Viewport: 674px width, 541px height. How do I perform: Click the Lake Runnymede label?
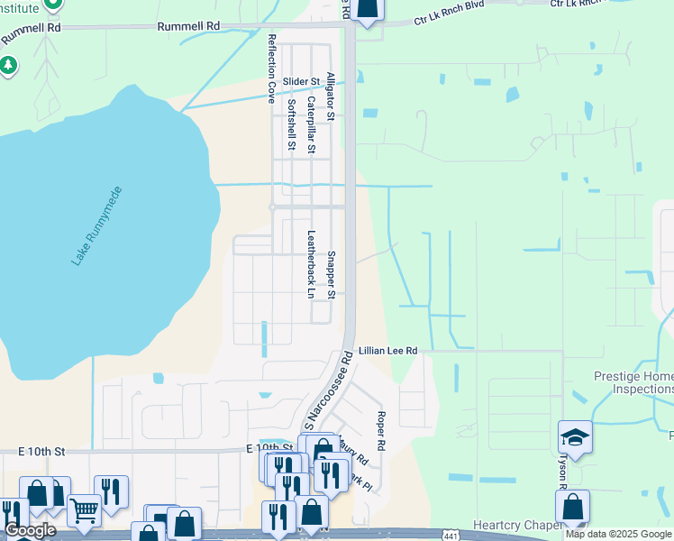point(96,225)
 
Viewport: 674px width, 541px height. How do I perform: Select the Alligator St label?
point(331,96)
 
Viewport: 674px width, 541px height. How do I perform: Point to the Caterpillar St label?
point(311,125)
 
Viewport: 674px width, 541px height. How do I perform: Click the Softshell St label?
point(290,124)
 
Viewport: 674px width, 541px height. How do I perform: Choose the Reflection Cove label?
point(271,69)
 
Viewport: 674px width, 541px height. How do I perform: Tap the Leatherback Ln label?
point(311,265)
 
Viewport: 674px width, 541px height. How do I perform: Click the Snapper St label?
point(331,275)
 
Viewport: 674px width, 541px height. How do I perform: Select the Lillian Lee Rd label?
point(388,350)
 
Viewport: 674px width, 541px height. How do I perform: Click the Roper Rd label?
point(381,431)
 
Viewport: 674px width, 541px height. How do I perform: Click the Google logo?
point(30,530)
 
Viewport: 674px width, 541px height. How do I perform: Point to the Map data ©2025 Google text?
point(619,535)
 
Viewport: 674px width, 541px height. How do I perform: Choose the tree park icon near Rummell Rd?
point(9,65)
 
